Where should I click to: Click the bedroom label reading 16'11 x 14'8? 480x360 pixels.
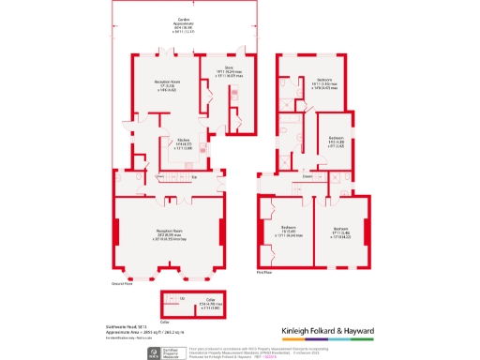point(324,84)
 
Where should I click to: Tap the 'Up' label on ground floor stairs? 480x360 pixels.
point(194,176)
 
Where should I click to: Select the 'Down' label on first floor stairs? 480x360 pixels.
point(307,176)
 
